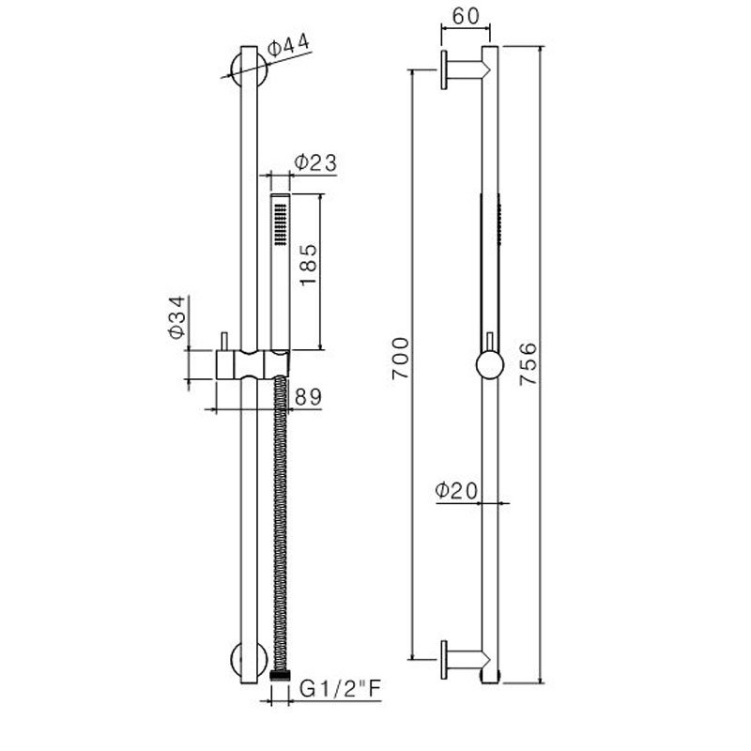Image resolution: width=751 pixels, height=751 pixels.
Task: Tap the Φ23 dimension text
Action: point(314,161)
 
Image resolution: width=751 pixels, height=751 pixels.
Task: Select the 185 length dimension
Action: point(310,266)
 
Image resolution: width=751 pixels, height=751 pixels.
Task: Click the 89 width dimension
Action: point(307,396)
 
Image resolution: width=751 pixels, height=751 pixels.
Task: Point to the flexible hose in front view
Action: point(279,526)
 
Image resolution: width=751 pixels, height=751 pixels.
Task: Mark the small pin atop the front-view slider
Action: point(224,341)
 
